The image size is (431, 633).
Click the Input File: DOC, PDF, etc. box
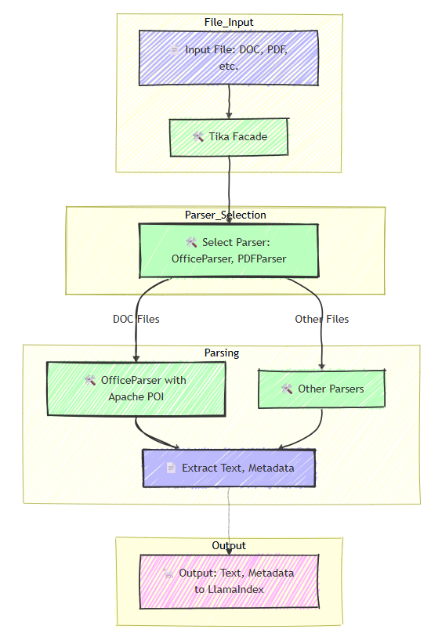coord(229,57)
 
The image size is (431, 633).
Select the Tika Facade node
coord(229,137)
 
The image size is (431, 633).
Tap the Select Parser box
coord(229,250)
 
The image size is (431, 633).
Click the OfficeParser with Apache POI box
coord(136,388)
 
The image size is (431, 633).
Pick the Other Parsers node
coord(321,389)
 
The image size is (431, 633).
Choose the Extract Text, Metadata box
coord(229,468)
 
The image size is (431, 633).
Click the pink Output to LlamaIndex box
coord(229,581)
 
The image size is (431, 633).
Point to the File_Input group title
coord(229,22)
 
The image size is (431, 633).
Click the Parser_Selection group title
coord(226,215)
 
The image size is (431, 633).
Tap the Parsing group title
coord(222,353)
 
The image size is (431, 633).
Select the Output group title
coord(229,545)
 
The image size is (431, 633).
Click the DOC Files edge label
coord(136,319)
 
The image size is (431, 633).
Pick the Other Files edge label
coord(321,319)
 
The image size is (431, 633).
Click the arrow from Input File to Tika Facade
coord(229,102)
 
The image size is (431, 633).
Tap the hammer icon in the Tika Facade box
coord(198,137)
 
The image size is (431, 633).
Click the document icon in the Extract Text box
coord(172,468)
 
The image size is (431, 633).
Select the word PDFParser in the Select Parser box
coord(261,259)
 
